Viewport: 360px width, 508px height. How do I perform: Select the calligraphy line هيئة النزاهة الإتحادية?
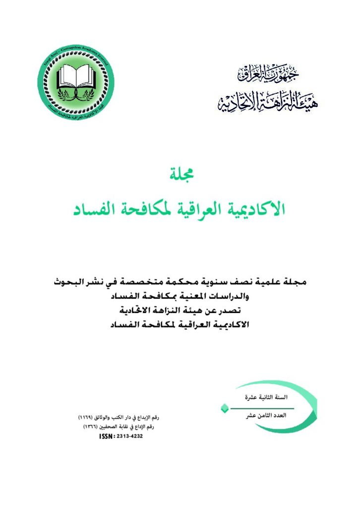pos(268,103)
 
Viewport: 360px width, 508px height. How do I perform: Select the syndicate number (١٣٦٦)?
pos(88,427)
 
